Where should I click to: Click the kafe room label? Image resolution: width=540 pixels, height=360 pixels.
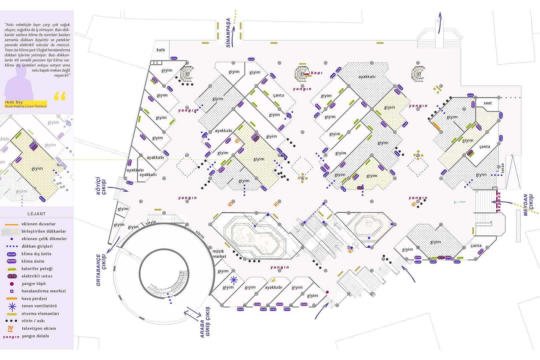(x=161, y=50)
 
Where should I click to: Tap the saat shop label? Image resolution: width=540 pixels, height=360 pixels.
(x=488, y=103)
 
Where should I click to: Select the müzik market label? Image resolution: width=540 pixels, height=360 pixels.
(x=219, y=254)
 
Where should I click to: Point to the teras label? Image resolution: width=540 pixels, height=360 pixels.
(x=502, y=168)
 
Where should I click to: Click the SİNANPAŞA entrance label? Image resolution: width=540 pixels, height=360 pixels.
(x=228, y=33)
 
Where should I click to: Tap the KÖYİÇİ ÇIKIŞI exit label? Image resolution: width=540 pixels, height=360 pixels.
(x=101, y=186)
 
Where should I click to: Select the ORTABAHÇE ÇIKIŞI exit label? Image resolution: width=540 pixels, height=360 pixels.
(x=101, y=270)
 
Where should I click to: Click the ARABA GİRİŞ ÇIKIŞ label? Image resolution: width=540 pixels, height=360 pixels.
(x=205, y=322)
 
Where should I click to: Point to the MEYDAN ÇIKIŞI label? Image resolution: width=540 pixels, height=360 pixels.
(x=528, y=205)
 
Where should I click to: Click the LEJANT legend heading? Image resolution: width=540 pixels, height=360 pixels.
(x=36, y=214)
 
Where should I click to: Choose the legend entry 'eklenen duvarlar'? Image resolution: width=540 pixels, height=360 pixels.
(x=38, y=224)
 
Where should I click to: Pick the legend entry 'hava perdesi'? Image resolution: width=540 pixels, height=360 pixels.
(x=34, y=299)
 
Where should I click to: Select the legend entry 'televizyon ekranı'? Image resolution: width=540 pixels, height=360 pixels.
(x=39, y=328)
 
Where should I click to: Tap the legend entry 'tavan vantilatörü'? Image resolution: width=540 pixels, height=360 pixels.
(x=39, y=306)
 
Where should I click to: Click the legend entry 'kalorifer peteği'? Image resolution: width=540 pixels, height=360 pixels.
(x=37, y=269)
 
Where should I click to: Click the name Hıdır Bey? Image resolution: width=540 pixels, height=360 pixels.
(x=14, y=102)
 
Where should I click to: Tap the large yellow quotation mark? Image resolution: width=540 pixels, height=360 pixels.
(x=60, y=96)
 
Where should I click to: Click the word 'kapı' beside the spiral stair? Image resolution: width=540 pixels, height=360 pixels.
(x=317, y=73)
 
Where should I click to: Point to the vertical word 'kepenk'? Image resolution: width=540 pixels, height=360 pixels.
(x=499, y=202)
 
